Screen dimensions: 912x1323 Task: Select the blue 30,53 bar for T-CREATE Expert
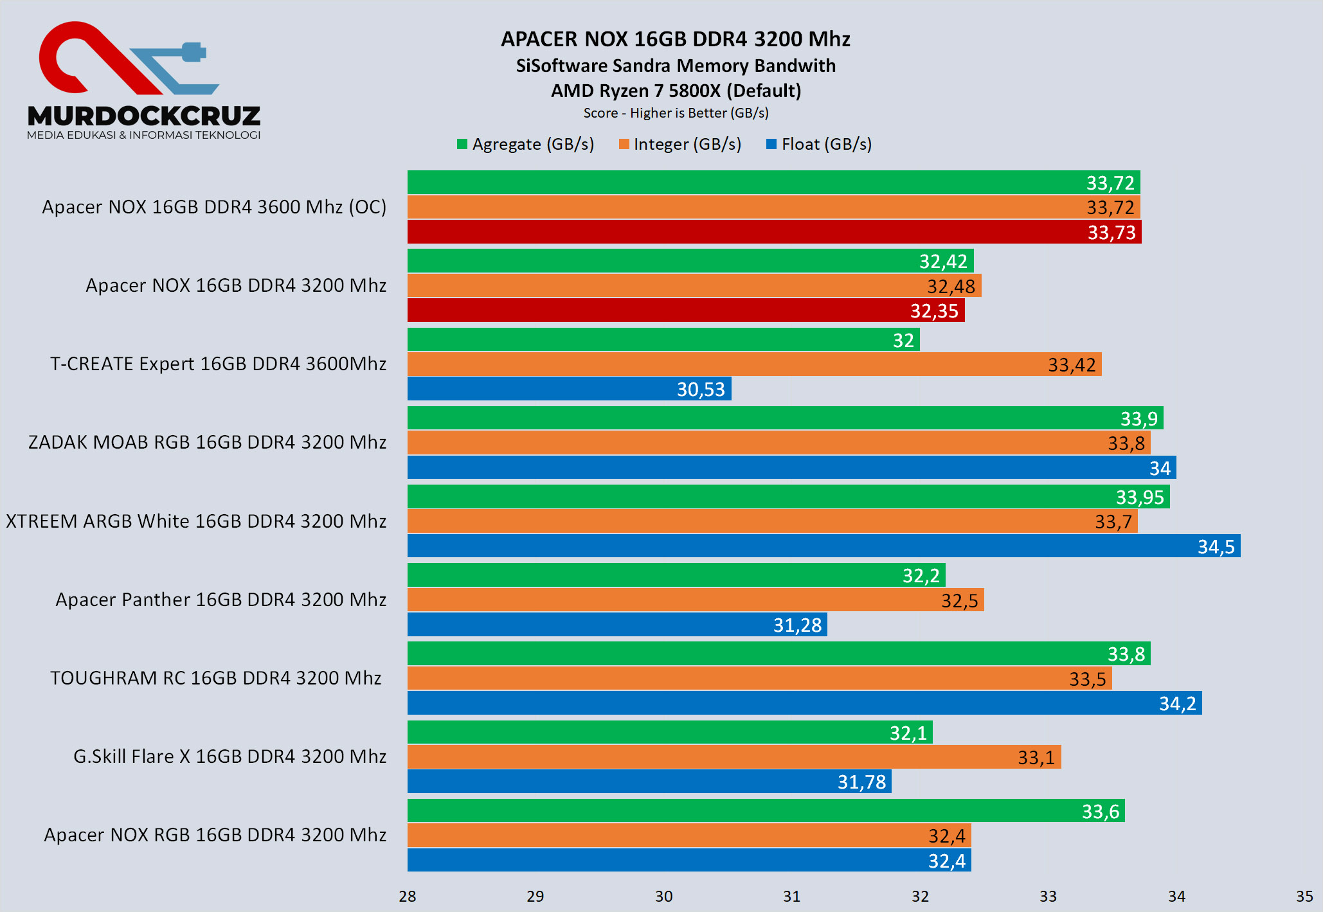(569, 389)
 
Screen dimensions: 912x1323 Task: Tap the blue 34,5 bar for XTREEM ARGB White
(823, 546)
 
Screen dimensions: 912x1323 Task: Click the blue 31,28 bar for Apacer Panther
(617, 625)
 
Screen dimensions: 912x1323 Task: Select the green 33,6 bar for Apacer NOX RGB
(765, 811)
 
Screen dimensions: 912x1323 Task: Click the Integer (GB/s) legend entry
(680, 144)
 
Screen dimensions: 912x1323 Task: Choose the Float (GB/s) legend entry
(819, 144)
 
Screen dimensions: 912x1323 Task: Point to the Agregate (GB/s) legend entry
(525, 144)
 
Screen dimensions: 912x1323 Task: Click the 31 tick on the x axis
(791, 896)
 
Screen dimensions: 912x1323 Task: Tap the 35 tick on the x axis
(1304, 896)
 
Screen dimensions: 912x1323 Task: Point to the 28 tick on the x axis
(408, 896)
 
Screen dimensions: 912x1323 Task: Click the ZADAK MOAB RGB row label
(207, 442)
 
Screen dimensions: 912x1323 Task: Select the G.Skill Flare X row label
(230, 756)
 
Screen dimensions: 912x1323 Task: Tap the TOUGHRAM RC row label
(215, 678)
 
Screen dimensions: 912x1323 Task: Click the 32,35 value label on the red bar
(933, 311)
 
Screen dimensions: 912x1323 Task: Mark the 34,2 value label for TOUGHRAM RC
(1177, 704)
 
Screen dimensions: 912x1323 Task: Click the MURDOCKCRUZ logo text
(144, 116)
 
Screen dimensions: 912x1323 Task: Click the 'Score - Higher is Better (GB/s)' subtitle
(676, 113)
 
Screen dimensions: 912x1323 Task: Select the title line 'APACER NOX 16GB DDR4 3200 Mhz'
(676, 39)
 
